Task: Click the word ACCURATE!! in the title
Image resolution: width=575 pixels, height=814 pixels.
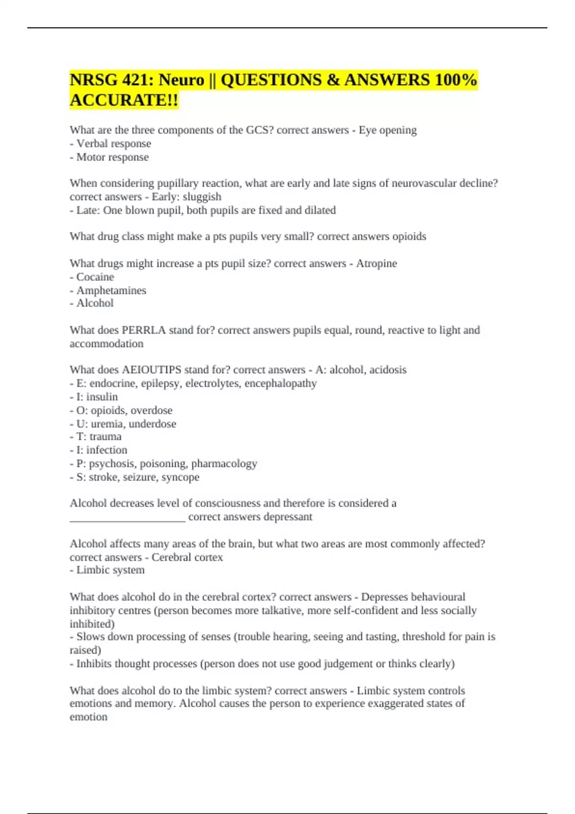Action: pos(124,100)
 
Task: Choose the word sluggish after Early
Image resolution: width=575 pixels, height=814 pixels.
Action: pos(202,197)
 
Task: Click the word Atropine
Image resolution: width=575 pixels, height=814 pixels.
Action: pos(376,263)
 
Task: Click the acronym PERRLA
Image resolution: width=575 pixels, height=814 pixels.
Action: pos(144,330)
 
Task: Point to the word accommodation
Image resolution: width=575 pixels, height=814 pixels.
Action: pos(106,344)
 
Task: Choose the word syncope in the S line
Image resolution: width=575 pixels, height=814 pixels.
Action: pos(180,477)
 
